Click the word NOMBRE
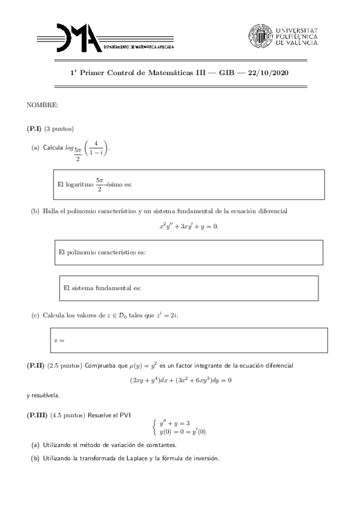[42, 105]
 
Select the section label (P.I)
[35, 129]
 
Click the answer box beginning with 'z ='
[188, 341]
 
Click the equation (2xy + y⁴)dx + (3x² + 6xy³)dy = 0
[181, 380]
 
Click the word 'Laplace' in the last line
[141, 459]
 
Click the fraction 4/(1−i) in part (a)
[96, 148]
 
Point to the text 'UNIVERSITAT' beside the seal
[296, 29]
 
